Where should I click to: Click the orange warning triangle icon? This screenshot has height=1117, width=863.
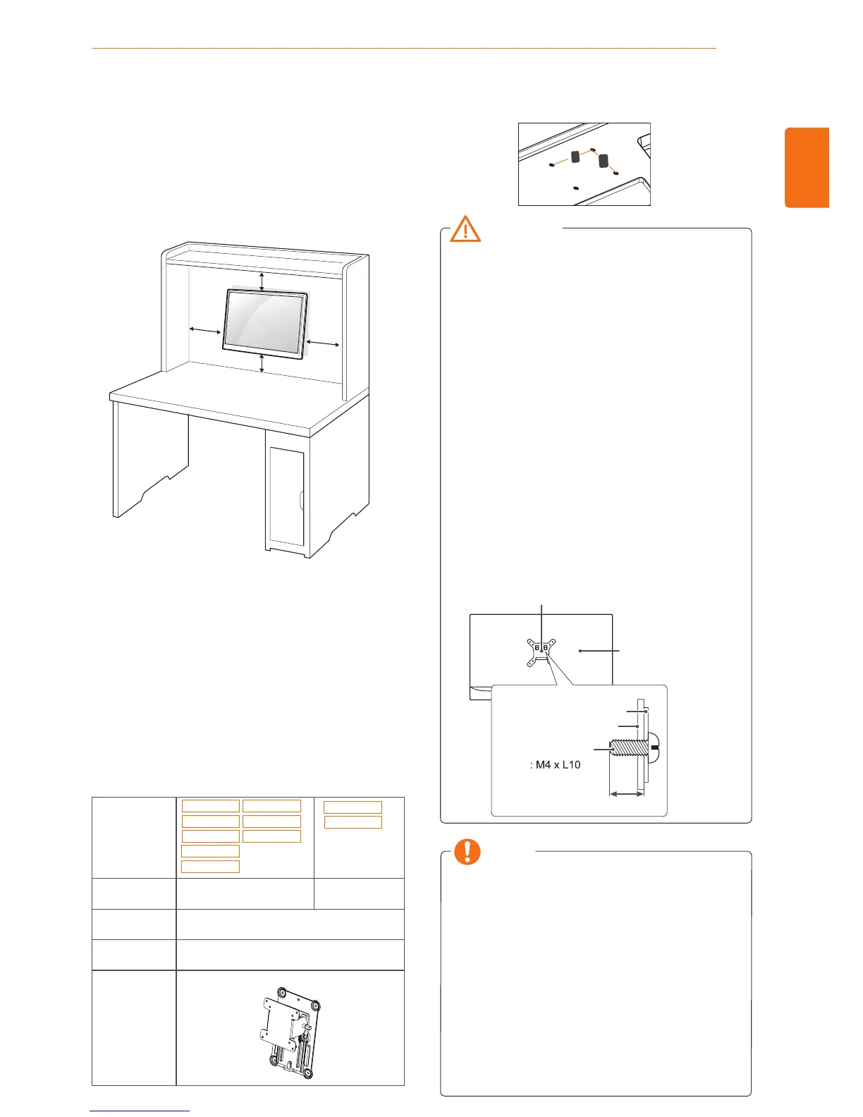click(x=465, y=230)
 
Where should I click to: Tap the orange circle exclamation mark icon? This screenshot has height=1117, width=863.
click(x=467, y=852)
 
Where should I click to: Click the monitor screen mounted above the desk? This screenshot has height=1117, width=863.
click(x=264, y=322)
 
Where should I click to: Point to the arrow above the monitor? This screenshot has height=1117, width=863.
click(x=262, y=281)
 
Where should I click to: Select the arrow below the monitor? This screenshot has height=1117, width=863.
click(x=262, y=362)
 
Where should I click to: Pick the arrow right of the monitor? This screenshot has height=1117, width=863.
click(x=324, y=343)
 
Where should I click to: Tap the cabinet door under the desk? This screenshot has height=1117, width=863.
click(x=286, y=496)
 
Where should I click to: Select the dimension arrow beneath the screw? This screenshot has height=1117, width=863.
click(x=626, y=794)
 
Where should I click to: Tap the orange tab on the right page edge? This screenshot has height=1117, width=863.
click(x=807, y=168)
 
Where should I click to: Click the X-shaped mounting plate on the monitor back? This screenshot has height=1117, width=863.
click(x=541, y=650)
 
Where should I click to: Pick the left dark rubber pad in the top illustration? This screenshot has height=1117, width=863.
click(x=575, y=157)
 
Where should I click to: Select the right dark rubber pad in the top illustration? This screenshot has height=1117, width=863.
click(x=603, y=161)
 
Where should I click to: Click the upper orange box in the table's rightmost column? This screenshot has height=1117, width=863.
click(x=353, y=807)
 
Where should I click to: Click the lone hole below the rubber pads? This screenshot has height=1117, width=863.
click(x=577, y=188)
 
